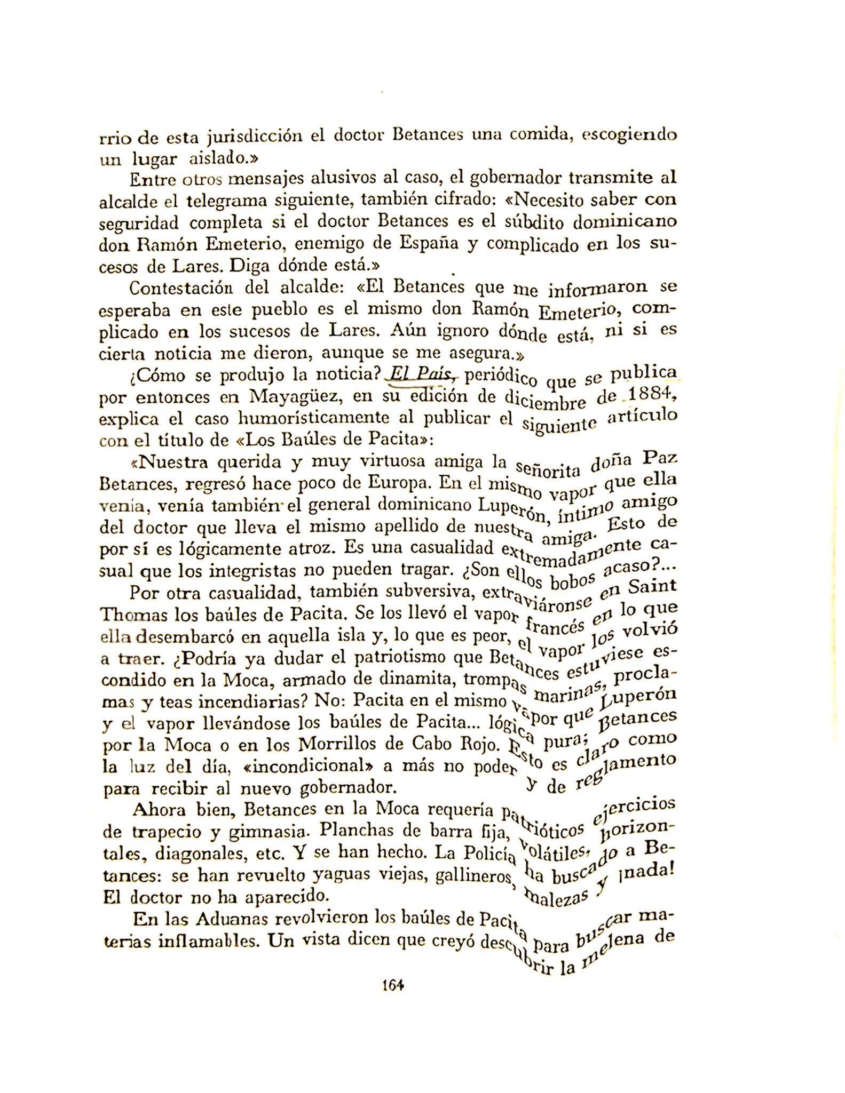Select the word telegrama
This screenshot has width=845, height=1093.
click(230, 201)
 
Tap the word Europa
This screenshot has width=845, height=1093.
click(396, 483)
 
